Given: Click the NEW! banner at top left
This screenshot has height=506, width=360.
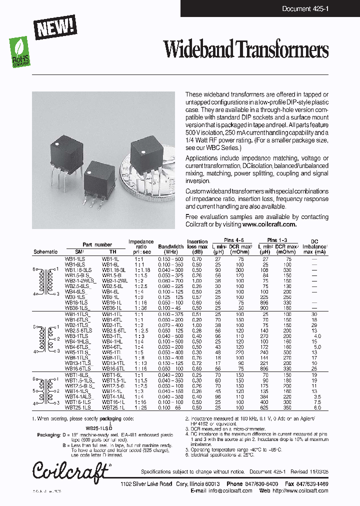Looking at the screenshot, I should point(55,26).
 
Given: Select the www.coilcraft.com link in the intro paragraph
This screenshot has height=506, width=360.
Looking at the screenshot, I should point(270,224).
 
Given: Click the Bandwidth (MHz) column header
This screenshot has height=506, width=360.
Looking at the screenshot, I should point(170,247).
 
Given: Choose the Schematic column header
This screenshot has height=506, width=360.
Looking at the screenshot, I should point(45,251).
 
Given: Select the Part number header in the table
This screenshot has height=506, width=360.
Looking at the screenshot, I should point(97,244).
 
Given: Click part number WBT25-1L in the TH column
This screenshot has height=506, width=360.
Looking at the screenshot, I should point(114,407).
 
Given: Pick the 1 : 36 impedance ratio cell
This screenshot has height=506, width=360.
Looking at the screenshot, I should point(140,308).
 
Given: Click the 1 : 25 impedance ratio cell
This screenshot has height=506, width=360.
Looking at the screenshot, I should point(140,407).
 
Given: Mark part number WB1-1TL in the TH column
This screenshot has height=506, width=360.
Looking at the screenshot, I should point(112,313).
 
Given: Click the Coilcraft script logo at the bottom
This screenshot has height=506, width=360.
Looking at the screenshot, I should point(70,470).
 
